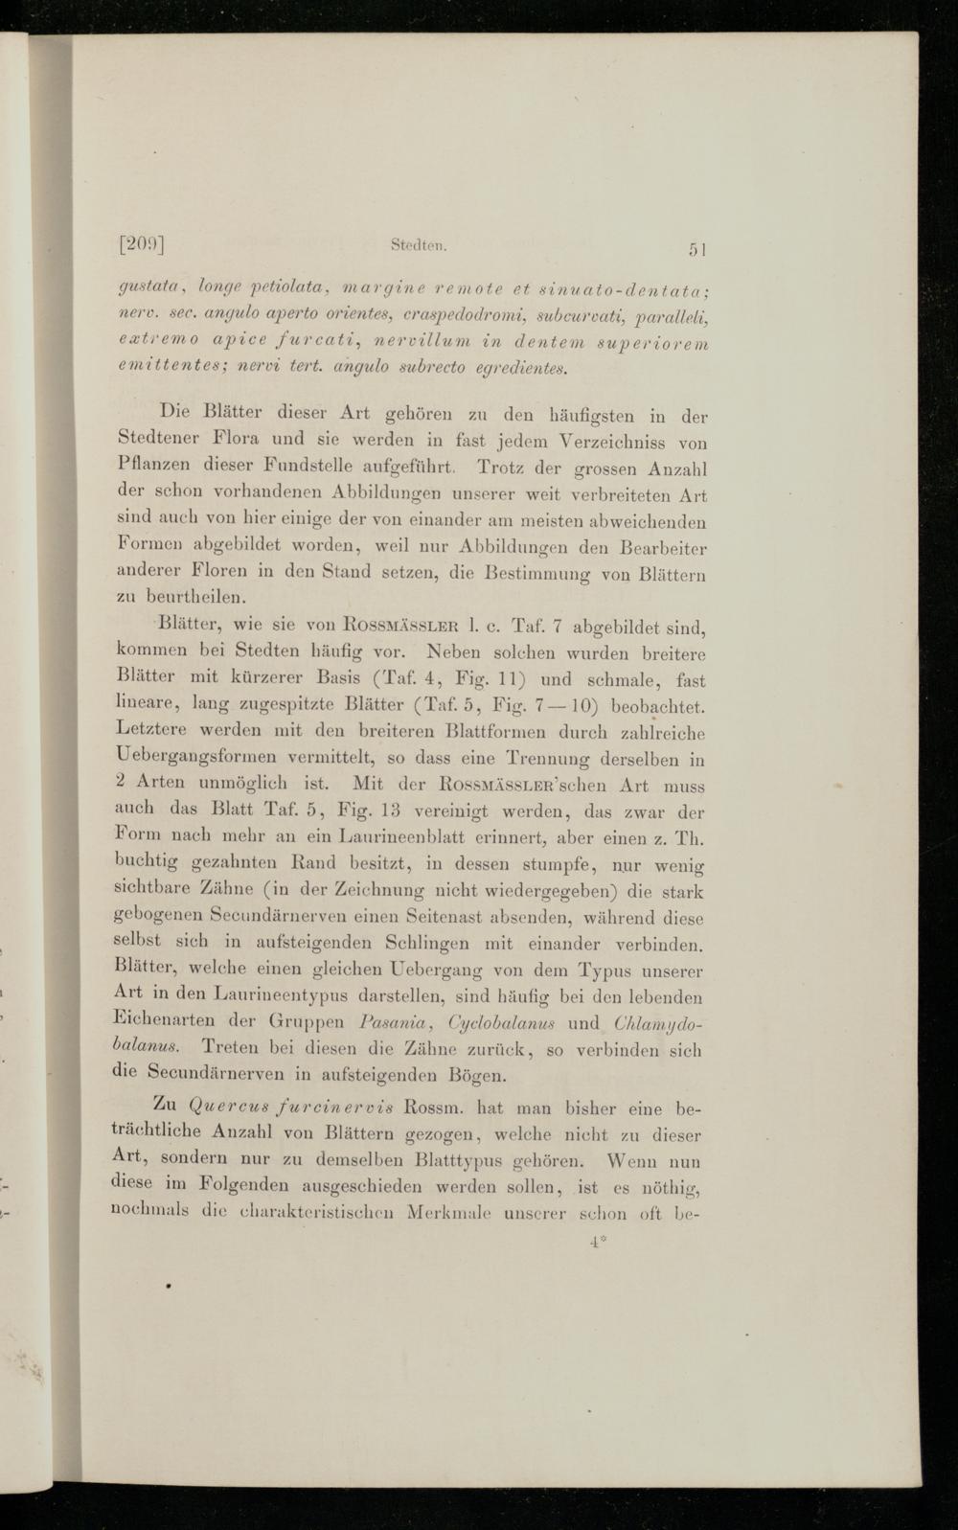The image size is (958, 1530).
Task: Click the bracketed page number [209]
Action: (143, 244)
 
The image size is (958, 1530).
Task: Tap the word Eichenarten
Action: (164, 1019)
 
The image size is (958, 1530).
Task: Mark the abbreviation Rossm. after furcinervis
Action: (435, 1109)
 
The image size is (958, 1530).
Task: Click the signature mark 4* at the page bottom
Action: (600, 1242)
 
